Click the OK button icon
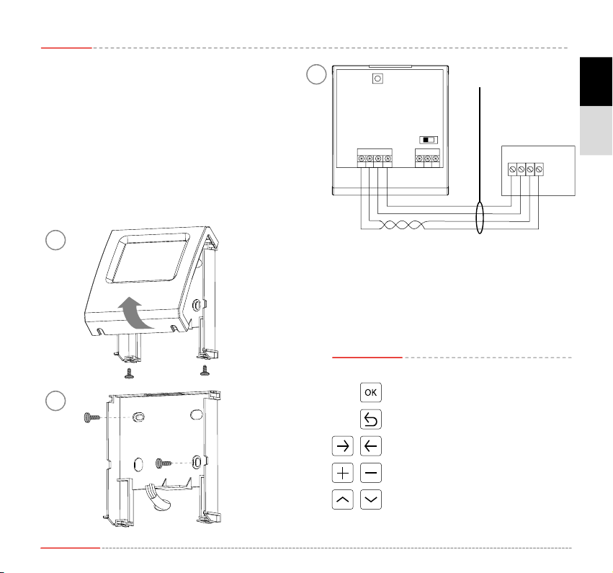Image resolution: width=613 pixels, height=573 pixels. [x=370, y=393]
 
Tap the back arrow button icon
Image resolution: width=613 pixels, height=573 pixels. [x=370, y=419]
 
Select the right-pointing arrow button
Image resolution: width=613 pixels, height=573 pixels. [x=343, y=446]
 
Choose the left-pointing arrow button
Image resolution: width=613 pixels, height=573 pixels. [x=370, y=446]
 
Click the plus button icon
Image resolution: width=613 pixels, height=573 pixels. [x=343, y=473]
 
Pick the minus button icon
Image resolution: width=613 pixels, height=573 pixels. [x=370, y=473]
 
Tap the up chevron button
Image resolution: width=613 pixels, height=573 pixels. [x=343, y=499]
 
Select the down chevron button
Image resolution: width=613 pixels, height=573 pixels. [x=370, y=499]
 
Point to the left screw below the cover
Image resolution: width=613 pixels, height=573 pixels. [x=130, y=373]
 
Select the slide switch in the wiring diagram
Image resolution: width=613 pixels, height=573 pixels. [x=428, y=140]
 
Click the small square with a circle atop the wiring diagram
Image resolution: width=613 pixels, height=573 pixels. [x=376, y=79]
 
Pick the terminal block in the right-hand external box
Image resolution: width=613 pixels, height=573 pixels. [x=526, y=169]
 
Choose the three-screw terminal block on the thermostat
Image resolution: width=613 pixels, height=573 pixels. [x=428, y=158]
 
